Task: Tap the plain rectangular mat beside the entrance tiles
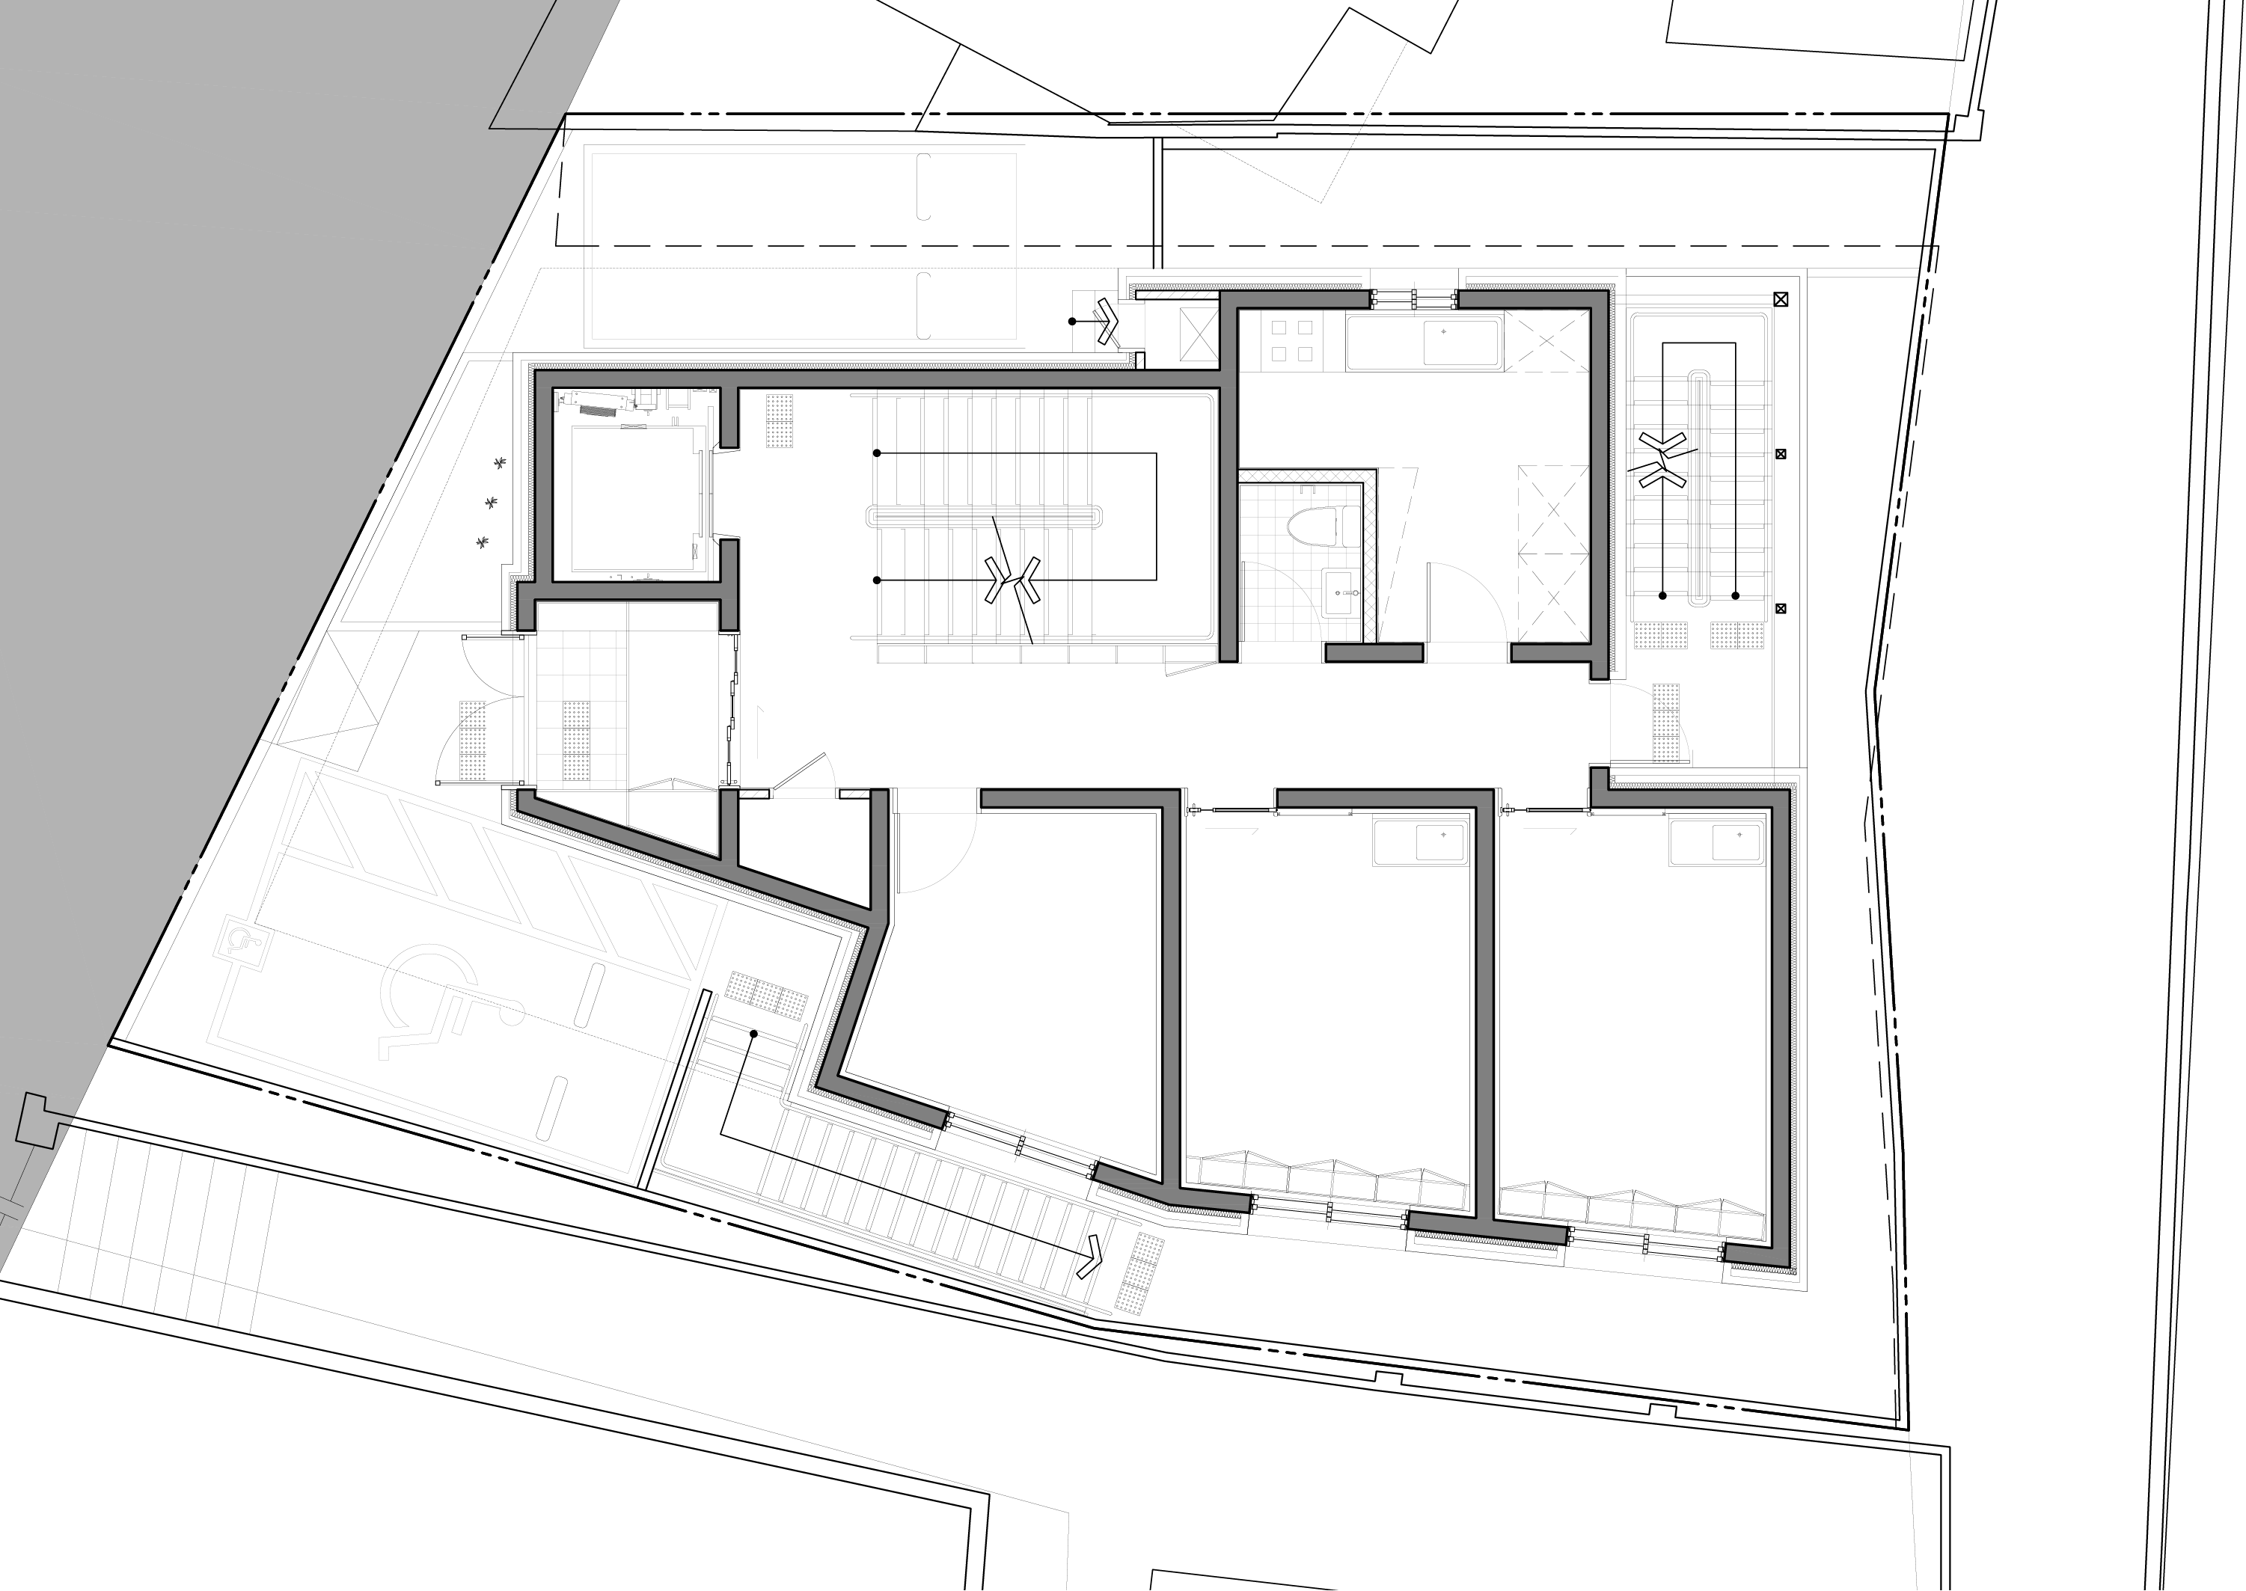pyautogui.click(x=675, y=709)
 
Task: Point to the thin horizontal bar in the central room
pyautogui.click(x=983, y=516)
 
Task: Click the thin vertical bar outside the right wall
pyautogui.click(x=1698, y=487)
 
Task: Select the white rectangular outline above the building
pyautogui.click(x=804, y=149)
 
